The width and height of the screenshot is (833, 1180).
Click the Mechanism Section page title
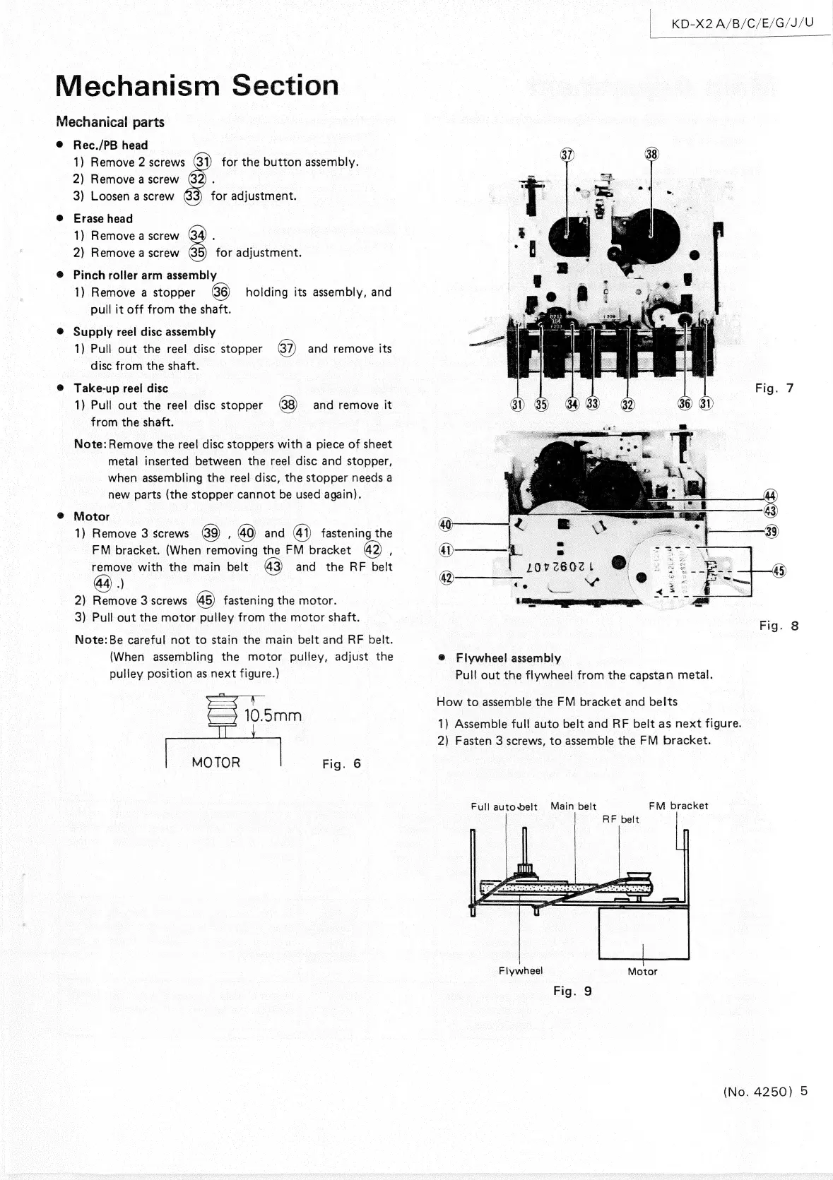pyautogui.click(x=197, y=85)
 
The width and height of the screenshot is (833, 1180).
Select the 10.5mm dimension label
pyautogui.click(x=273, y=715)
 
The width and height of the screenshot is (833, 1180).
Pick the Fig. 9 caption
pyautogui.click(x=572, y=991)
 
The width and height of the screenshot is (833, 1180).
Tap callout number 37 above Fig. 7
pyautogui.click(x=567, y=154)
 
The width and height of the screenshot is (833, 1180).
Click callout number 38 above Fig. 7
pyautogui.click(x=651, y=154)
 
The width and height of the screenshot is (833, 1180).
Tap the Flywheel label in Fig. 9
pyautogui.click(x=520, y=970)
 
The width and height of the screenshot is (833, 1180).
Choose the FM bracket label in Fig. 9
pyautogui.click(x=678, y=806)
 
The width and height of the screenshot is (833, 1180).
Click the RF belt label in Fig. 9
pyautogui.click(x=620, y=819)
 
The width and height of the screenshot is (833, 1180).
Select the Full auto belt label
pyautogui.click(x=504, y=806)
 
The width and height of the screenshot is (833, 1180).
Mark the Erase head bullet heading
pyautogui.click(x=103, y=218)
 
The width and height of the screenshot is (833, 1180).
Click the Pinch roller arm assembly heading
pyautogui.click(x=145, y=275)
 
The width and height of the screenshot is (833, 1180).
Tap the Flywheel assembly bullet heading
pyautogui.click(x=508, y=658)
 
